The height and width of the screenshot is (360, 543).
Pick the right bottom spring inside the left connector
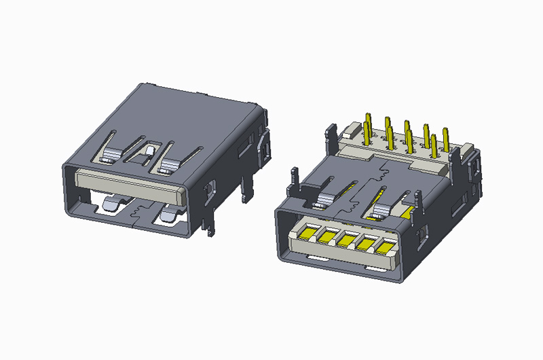tap(166, 214)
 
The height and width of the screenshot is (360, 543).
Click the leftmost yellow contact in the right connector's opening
tap(306, 234)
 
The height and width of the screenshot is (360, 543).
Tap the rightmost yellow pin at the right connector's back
tap(446, 140)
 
